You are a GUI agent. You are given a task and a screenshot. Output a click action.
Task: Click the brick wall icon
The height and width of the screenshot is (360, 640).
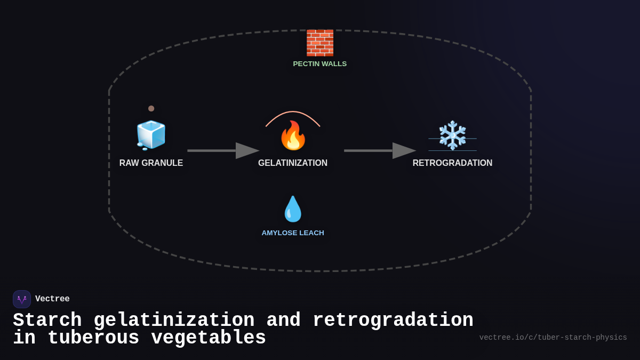(319, 43)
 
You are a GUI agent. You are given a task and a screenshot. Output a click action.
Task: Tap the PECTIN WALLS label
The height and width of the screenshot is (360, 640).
(319, 64)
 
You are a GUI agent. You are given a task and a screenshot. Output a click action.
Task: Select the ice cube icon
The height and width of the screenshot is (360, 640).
(151, 135)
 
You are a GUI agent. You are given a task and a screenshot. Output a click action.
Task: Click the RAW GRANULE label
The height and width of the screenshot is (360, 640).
(151, 163)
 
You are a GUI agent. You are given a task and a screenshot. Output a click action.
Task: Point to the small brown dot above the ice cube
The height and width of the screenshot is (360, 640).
(151, 108)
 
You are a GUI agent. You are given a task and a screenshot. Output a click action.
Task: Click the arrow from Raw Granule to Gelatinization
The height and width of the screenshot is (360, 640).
(222, 150)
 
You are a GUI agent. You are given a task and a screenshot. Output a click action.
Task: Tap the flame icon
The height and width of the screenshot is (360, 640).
(293, 135)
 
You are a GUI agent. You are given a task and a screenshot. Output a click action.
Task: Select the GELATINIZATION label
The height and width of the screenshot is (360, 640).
(293, 163)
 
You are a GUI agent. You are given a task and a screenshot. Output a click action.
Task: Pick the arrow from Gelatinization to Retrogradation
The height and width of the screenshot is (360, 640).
(379, 150)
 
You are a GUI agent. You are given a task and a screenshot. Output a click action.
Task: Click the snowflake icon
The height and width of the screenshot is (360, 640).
(452, 135)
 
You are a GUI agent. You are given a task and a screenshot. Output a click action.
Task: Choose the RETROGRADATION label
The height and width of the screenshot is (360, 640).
(452, 163)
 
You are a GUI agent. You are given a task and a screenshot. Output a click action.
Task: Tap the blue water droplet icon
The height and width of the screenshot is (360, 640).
(293, 209)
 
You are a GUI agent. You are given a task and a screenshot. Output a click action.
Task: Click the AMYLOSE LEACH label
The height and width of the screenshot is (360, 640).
(293, 233)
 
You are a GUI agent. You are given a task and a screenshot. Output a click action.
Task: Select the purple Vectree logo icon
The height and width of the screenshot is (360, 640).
(22, 299)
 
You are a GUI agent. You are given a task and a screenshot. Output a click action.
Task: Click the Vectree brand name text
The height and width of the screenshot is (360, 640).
(52, 299)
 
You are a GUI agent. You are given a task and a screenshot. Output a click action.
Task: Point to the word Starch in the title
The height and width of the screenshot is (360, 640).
(47, 321)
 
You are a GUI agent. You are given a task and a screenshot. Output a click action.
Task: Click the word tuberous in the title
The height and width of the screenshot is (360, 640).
(93, 338)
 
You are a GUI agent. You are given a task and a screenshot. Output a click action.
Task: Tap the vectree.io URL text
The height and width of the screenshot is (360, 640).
(553, 338)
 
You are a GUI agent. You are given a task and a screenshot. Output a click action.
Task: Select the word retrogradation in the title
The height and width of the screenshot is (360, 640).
(393, 321)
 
